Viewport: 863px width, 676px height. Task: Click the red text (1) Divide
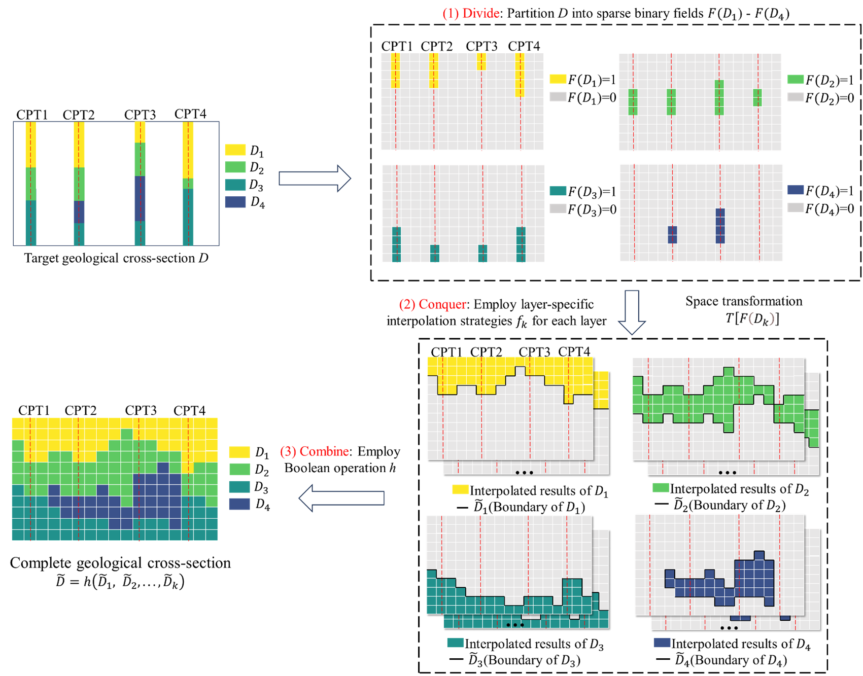[471, 14]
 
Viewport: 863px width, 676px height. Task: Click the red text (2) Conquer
[432, 304]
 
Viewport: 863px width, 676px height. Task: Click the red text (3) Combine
[314, 451]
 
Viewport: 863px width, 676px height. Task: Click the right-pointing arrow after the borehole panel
[315, 179]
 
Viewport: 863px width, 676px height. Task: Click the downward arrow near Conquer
[632, 312]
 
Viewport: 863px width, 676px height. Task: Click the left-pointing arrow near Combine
[341, 498]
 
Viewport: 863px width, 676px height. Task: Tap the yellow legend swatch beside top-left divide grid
[558, 79]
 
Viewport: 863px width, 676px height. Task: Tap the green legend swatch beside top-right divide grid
[795, 79]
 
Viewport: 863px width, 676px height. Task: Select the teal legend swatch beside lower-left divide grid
[558, 191]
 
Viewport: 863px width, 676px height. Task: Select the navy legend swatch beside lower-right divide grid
[795, 190]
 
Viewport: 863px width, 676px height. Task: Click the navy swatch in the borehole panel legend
[235, 202]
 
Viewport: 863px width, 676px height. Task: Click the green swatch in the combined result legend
[239, 469]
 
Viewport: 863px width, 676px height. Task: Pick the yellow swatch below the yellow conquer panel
[460, 489]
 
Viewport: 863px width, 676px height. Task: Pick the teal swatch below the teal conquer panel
[455, 643]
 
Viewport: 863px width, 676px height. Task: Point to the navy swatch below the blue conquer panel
[662, 643]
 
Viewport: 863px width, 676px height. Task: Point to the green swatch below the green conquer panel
[660, 487]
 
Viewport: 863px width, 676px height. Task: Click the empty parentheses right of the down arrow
[761, 318]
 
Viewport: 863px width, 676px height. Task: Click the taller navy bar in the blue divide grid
[720, 226]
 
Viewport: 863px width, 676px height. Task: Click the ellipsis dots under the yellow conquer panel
[524, 473]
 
